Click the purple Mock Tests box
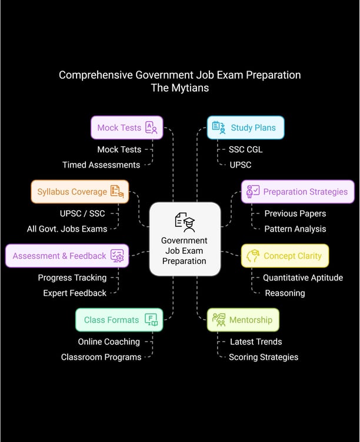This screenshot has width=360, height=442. click(126, 128)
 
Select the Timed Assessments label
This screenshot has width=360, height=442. click(101, 165)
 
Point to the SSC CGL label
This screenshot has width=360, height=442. click(246, 149)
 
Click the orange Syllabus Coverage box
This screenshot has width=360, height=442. click(79, 192)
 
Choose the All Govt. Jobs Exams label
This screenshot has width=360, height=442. click(67, 229)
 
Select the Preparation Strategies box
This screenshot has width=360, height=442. click(298, 192)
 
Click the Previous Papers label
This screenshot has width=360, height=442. click(295, 213)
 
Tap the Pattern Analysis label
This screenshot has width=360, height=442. click(295, 229)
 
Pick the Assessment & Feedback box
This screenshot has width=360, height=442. click(66, 256)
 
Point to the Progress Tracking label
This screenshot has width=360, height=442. click(72, 277)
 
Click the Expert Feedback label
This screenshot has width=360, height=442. click(75, 293)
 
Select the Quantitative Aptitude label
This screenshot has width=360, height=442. click(302, 277)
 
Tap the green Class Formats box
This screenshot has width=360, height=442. click(119, 320)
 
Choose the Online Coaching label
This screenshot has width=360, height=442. click(109, 341)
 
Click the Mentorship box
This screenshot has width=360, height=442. click(243, 320)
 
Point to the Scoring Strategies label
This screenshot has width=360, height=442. click(264, 357)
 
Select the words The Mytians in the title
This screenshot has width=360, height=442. click(179, 88)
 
